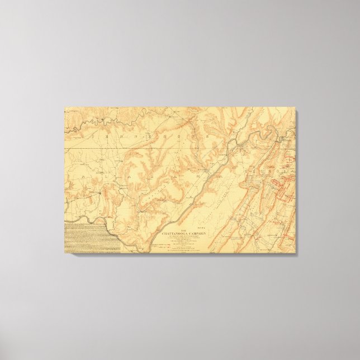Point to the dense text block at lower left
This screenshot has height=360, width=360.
click(x=84, y=238)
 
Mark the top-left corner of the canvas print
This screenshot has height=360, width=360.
click(x=65, y=107)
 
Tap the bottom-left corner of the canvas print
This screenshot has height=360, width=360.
click(x=65, y=253)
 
